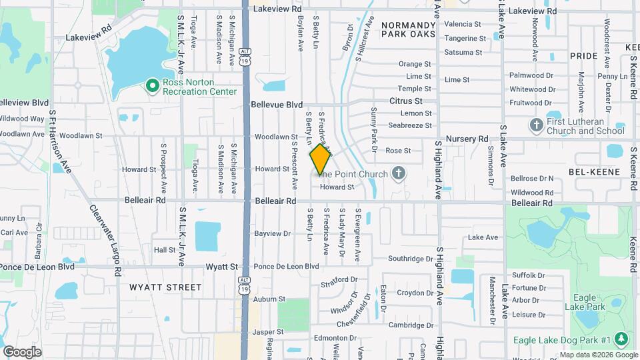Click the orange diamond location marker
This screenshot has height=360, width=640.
click(x=320, y=159)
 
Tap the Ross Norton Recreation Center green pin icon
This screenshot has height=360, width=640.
click(x=152, y=85)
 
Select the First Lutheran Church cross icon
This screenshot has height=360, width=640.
click(x=535, y=125)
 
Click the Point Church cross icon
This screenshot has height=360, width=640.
click(x=398, y=174)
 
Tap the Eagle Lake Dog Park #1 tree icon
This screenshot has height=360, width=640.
click(x=621, y=340)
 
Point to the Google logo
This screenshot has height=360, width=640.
click(x=22, y=352)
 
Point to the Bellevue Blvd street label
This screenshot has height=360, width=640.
click(x=277, y=105)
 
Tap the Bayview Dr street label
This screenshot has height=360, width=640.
click(x=273, y=234)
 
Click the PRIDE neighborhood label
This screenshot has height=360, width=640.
click(x=584, y=57)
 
